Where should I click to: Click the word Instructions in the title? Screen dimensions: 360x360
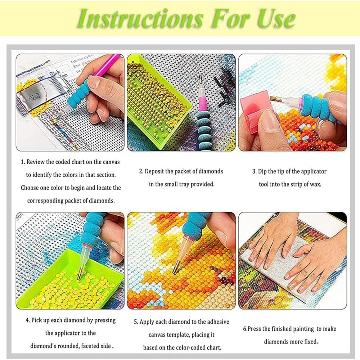click(x=140, y=19)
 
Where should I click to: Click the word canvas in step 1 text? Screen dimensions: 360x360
click(x=111, y=162)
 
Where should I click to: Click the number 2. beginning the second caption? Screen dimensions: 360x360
click(x=141, y=171)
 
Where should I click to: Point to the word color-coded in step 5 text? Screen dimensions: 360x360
click(x=193, y=348)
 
